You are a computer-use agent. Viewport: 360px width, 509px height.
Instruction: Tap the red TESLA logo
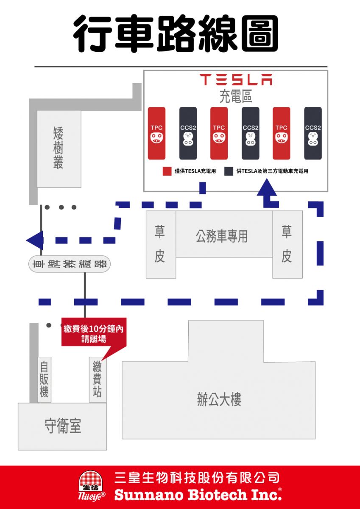point(236,80)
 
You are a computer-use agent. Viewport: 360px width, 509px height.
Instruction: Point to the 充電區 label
point(236,97)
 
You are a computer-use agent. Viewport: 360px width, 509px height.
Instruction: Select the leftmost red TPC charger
point(156,133)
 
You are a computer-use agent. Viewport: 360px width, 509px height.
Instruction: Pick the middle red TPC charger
point(219,133)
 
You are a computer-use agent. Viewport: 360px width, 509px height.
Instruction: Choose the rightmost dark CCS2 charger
point(313,133)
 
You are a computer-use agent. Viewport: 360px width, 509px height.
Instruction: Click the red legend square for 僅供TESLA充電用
point(167,171)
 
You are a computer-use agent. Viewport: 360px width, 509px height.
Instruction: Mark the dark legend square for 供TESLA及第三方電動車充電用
point(229,171)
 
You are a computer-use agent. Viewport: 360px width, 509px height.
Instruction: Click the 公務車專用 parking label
point(222,236)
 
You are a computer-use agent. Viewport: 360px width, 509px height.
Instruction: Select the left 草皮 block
point(160,244)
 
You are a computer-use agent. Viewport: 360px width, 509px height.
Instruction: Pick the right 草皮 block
point(287,244)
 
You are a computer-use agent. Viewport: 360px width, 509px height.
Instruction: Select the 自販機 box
point(44,379)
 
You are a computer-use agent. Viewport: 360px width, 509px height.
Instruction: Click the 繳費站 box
point(98,379)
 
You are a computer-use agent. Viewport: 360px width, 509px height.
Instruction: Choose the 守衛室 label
point(62,426)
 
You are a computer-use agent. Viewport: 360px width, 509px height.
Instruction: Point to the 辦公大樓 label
point(219,400)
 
